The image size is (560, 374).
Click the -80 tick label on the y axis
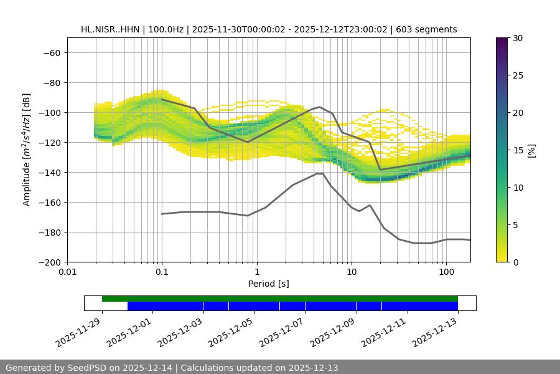coord(51,82)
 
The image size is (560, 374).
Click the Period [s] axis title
coord(268,284)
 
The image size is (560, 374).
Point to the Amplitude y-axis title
coord(27,150)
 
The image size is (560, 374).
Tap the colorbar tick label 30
coord(517,38)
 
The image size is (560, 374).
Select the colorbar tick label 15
coord(517,150)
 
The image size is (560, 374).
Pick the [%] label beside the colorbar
coord(531,150)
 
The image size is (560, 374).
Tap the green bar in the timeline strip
coord(280,299)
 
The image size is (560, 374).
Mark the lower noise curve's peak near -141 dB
coord(320,173)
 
